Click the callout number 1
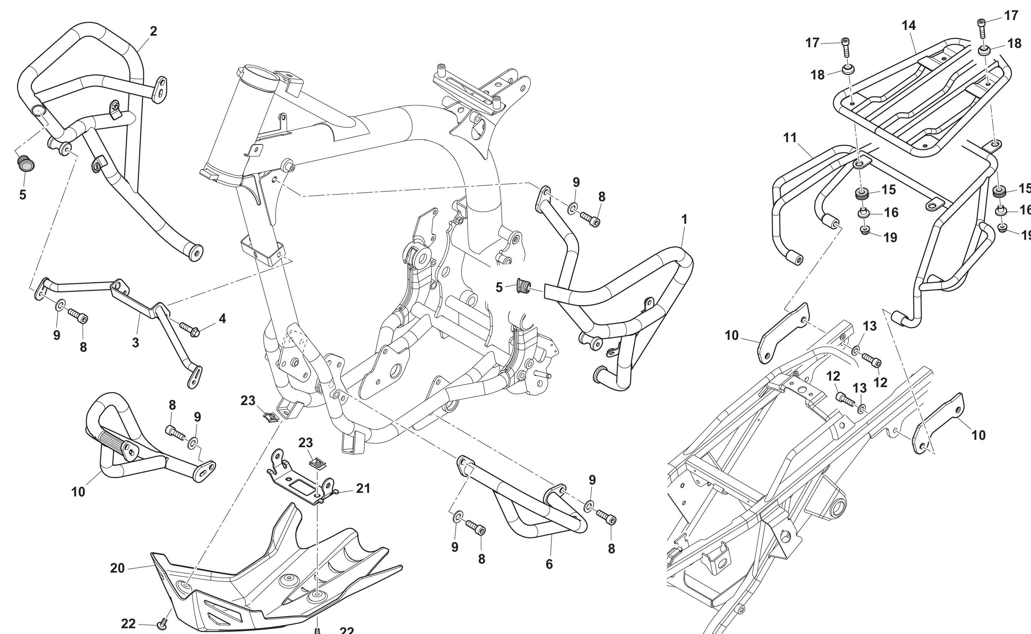tap(684, 219)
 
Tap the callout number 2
tap(153, 31)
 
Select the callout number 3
tap(135, 343)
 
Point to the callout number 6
tap(549, 564)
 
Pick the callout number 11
tap(790, 138)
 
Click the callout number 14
tap(908, 26)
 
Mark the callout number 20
tap(117, 568)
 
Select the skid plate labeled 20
tap(268, 587)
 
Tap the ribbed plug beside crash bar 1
tap(522, 286)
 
